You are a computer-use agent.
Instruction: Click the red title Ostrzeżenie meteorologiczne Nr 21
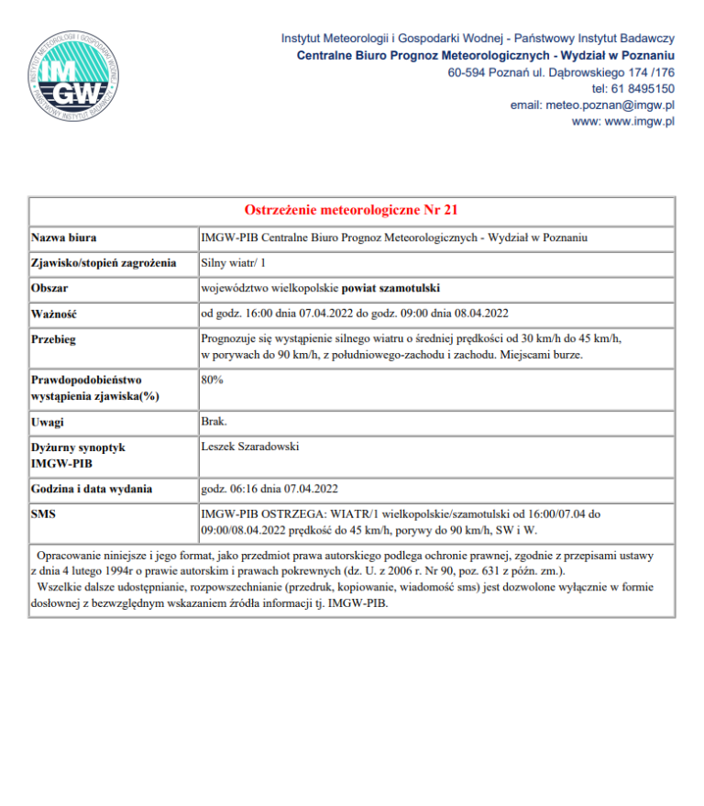tap(351, 210)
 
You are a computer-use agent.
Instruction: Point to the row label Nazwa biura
tap(64, 237)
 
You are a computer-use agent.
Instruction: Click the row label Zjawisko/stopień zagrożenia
tap(103, 262)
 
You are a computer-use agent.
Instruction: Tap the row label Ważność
tap(53, 314)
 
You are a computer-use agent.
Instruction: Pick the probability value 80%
tap(212, 378)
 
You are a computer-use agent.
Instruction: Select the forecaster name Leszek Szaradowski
tap(250, 447)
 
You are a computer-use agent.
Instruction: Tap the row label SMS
tap(43, 514)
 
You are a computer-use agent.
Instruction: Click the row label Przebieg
tap(54, 339)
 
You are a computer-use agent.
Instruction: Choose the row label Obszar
tap(50, 288)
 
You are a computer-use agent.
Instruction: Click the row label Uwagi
tap(49, 423)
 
